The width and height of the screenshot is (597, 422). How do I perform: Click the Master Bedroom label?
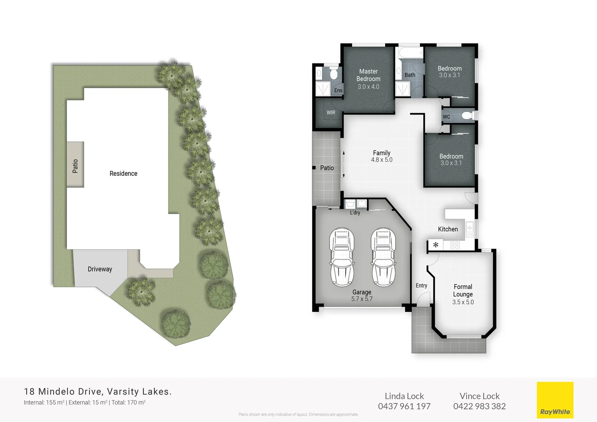click(368, 75)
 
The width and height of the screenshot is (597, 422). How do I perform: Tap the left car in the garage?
click(342, 257)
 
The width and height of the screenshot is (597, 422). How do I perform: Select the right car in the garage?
click(383, 257)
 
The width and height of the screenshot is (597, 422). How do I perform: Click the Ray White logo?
click(555, 400)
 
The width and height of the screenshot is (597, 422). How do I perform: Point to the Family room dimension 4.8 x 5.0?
click(381, 160)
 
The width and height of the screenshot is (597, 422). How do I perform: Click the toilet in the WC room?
click(467, 116)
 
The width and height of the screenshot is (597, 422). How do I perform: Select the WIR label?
click(331, 113)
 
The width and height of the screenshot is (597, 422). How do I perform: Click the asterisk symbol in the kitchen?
click(436, 245)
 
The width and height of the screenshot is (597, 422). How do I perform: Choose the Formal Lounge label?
click(463, 290)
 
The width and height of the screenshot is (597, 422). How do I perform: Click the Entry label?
click(421, 286)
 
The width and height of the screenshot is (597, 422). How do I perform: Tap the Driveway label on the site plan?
click(100, 269)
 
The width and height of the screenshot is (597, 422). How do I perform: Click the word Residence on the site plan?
click(123, 173)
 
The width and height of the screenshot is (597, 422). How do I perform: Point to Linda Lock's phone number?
click(404, 406)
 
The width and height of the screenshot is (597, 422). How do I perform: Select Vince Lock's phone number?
click(479, 406)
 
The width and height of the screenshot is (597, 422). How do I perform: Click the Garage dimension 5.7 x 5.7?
click(362, 299)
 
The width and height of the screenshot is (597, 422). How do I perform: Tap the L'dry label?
click(355, 213)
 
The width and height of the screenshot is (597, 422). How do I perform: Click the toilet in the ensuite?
click(333, 73)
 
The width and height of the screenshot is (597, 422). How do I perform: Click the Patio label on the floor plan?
click(327, 168)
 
